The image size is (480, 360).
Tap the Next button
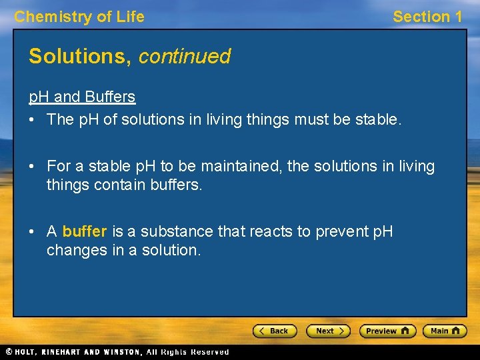(328, 331)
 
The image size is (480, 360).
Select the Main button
(447, 331)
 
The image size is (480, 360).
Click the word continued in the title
(184, 57)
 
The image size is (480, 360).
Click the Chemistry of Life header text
(79, 17)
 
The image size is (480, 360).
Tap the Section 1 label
(427, 17)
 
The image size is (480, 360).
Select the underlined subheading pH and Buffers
(82, 97)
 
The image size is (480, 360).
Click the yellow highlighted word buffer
(85, 232)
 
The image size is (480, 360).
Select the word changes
(74, 251)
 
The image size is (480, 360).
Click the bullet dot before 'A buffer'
(33, 232)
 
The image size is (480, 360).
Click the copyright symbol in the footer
(8, 352)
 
